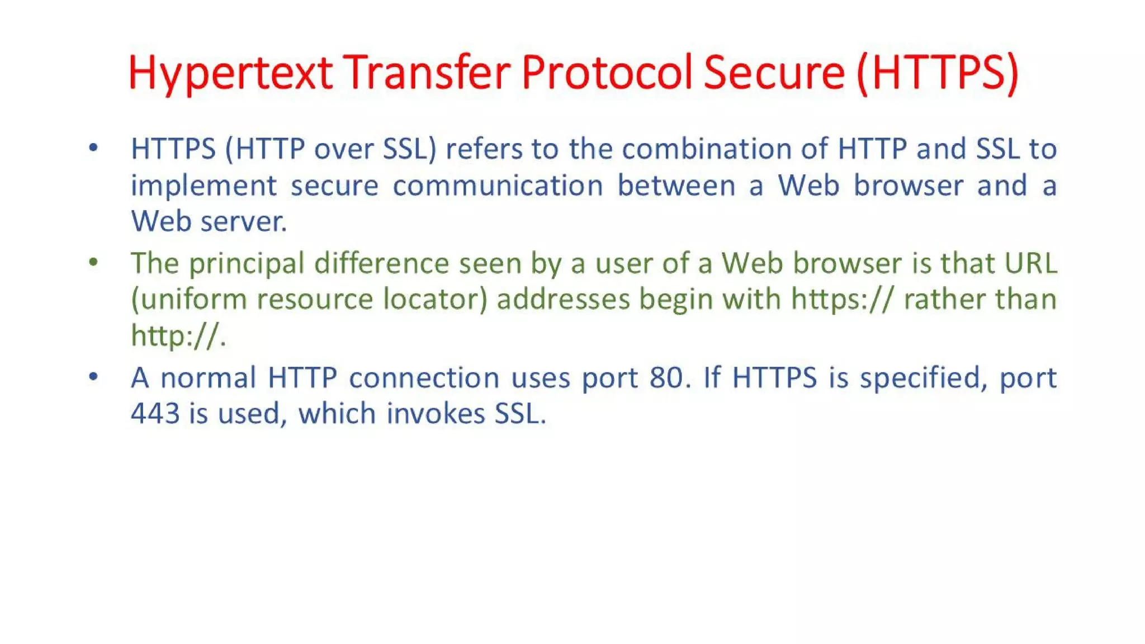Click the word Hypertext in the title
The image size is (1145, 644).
tap(230, 73)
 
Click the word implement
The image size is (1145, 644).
tap(204, 186)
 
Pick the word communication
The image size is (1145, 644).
tap(498, 186)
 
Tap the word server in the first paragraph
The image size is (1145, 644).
tap(243, 222)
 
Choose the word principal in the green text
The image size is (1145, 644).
tap(246, 264)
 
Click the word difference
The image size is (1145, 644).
tap(381, 263)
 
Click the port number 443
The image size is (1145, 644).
tap(155, 414)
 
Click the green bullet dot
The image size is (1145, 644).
tap(93, 262)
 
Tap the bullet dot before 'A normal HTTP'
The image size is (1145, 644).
tap(93, 377)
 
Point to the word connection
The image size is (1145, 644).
tap(424, 378)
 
